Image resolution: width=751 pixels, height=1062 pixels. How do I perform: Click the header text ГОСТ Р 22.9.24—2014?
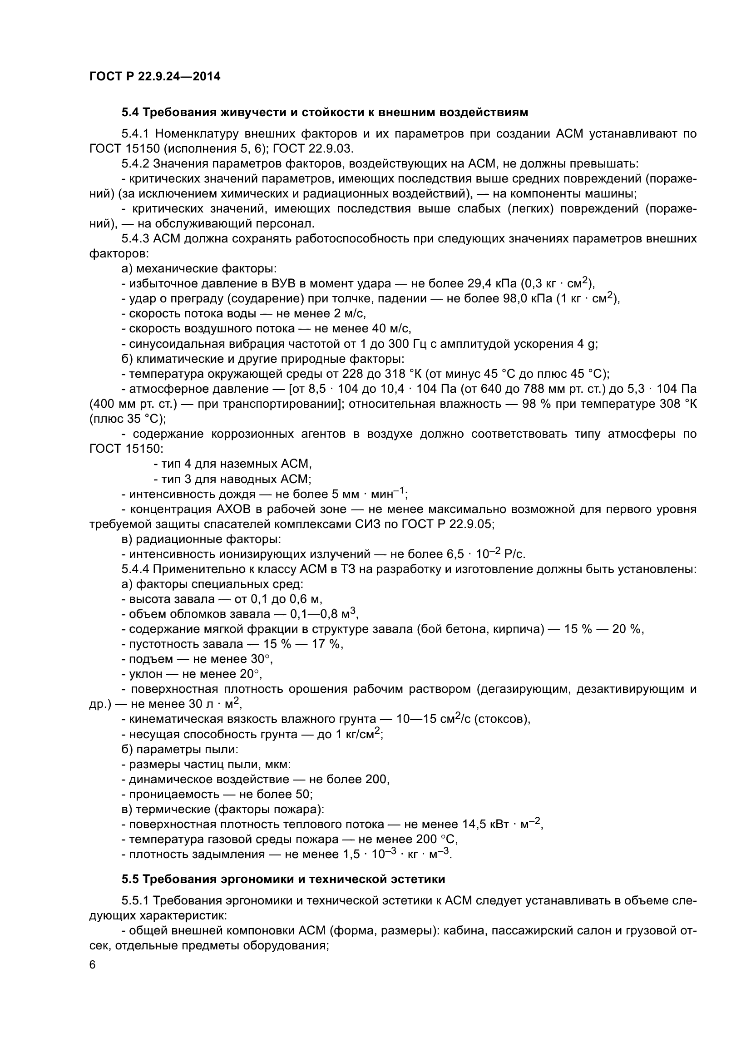(154, 76)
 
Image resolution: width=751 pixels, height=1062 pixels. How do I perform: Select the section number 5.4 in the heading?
(130, 113)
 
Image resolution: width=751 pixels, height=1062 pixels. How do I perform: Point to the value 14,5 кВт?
(485, 824)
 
